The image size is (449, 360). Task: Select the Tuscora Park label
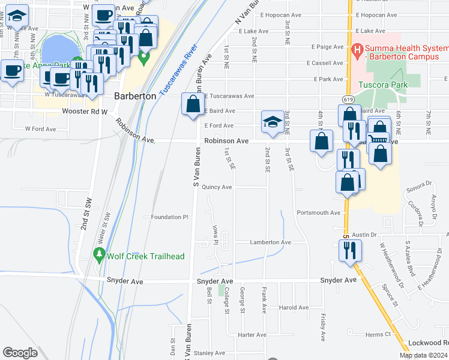[383, 85]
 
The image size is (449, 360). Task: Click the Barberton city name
[135, 96]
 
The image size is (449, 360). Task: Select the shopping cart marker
[378, 139]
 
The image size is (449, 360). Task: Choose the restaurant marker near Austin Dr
[351, 249]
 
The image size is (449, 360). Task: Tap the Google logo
[20, 353]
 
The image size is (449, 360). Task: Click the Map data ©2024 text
[423, 355]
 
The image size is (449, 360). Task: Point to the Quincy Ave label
[217, 187]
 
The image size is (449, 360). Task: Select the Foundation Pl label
[170, 217]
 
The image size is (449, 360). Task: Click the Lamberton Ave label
[270, 242]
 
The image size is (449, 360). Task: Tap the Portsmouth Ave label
[318, 212]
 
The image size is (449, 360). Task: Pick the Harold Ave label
[294, 307]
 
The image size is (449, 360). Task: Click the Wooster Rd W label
[84, 112]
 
